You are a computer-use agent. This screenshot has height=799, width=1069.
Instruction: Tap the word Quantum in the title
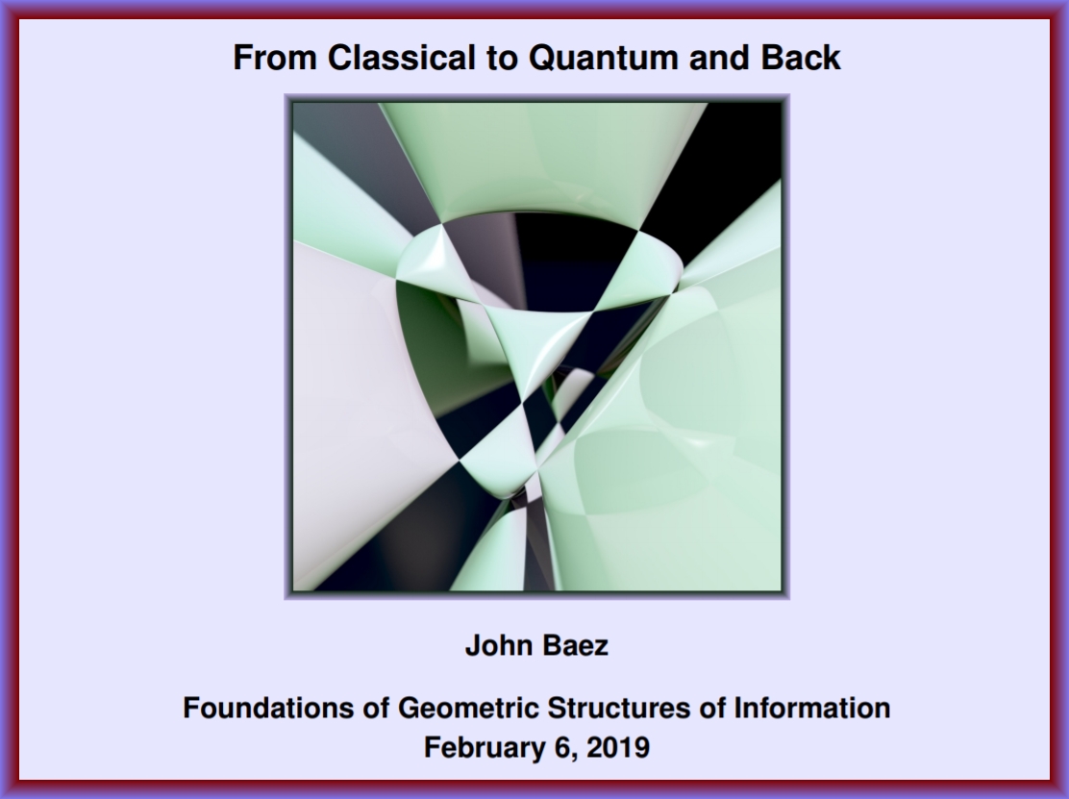click(x=603, y=58)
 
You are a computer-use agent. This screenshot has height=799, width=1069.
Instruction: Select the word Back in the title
click(x=801, y=58)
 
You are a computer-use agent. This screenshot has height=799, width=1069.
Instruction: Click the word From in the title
click(x=275, y=58)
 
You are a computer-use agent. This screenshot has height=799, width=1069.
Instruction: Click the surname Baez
click(x=573, y=645)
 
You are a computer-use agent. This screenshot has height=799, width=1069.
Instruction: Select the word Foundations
click(x=268, y=708)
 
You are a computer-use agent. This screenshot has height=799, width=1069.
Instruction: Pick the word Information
click(x=811, y=708)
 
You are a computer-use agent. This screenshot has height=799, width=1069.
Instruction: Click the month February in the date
click(x=485, y=747)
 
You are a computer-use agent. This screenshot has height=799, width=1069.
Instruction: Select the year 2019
click(x=618, y=747)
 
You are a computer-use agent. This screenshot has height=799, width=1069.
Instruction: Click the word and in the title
click(x=719, y=58)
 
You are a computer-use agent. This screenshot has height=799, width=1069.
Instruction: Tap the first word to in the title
click(x=502, y=58)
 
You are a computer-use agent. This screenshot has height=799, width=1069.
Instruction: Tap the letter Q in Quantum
click(x=542, y=58)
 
